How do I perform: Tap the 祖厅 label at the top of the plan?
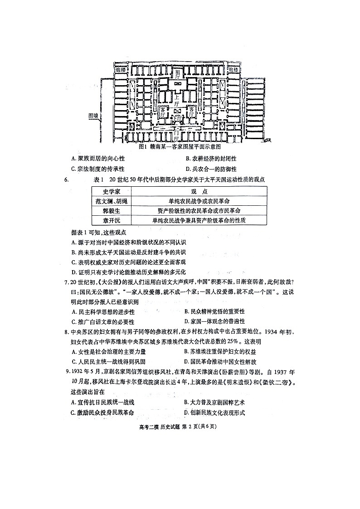coord(177,74)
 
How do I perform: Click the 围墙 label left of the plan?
coord(93,115)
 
